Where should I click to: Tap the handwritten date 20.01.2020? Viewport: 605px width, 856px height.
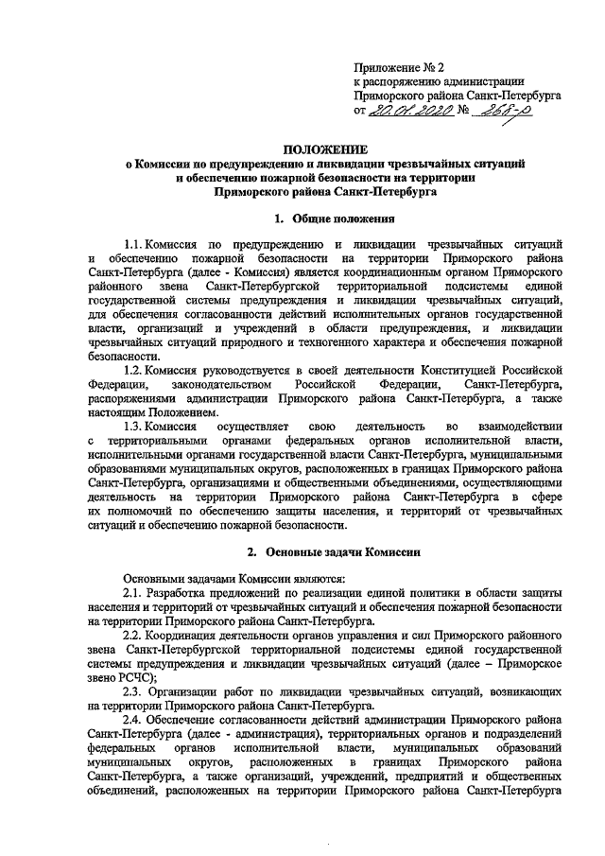405,111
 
